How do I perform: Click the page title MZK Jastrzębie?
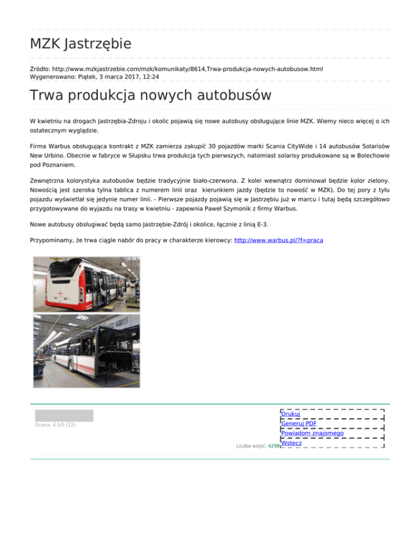80,43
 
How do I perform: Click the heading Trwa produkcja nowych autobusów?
150,95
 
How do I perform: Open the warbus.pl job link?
278,240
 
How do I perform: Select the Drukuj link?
290,414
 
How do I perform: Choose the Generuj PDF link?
299,424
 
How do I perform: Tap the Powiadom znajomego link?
312,433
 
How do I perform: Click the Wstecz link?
291,443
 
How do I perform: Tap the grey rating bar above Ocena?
64,415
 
